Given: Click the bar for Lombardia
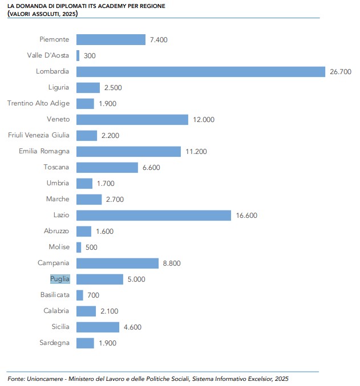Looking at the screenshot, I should click(200, 71).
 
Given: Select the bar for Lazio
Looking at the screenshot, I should click(153, 215).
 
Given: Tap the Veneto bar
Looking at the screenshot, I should click(132, 119).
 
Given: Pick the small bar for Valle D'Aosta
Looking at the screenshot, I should click(78, 55).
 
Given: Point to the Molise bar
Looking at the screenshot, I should click(79, 247).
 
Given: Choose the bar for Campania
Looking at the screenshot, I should click(117, 263).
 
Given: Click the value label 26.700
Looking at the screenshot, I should click(341, 72).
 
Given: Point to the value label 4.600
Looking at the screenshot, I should click(132, 327).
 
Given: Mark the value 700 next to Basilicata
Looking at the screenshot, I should click(94, 295).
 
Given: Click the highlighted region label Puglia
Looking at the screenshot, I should click(59, 279).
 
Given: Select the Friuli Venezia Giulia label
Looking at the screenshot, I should click(38, 135).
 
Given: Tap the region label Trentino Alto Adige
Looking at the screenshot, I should click(38, 103).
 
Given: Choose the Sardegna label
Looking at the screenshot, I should click(54, 343).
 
